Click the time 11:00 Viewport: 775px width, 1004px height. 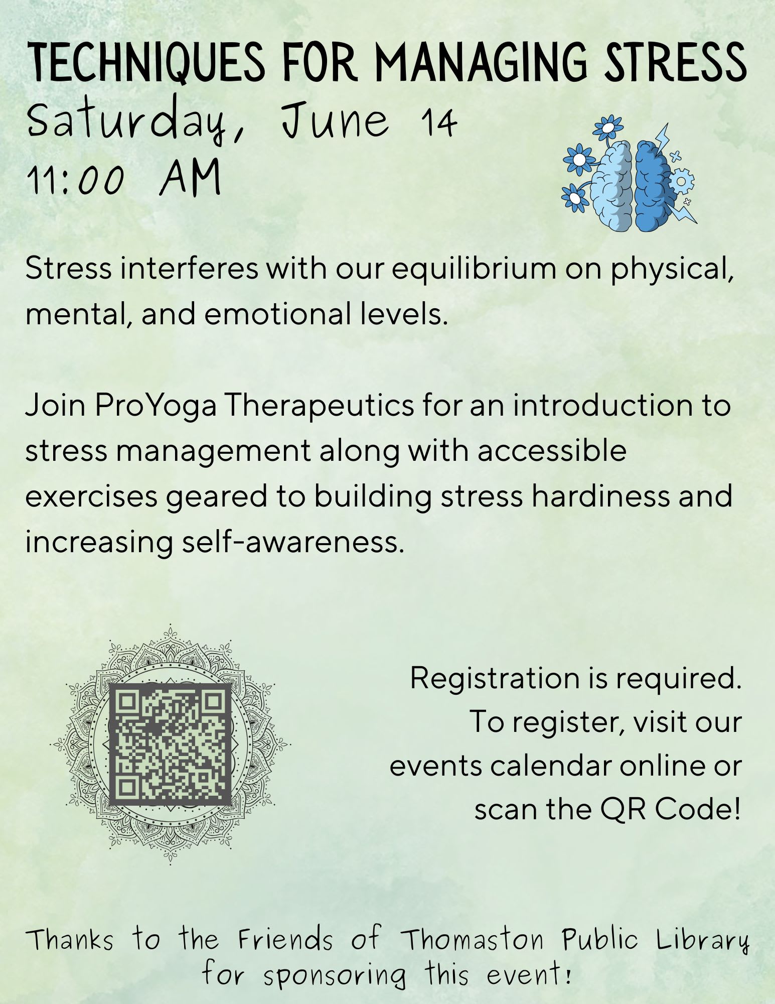[x=75, y=180]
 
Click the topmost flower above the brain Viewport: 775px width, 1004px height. [x=607, y=129]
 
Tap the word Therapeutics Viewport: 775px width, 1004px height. [x=319, y=406]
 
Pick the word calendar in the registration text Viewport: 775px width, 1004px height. [x=551, y=767]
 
